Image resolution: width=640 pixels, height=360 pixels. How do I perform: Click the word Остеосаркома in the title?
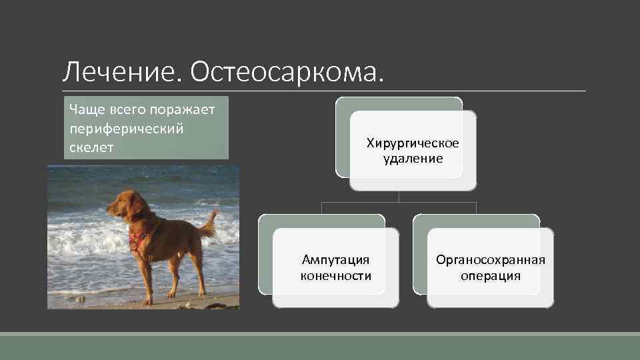[x=286, y=72]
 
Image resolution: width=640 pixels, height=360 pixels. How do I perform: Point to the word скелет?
[x=91, y=147]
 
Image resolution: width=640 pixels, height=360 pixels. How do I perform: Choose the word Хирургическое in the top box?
[x=413, y=143]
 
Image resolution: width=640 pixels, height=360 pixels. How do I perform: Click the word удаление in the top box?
[x=413, y=159]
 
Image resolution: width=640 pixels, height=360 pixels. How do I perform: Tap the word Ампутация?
[x=335, y=259]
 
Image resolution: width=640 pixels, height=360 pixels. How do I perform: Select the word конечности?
[x=335, y=275]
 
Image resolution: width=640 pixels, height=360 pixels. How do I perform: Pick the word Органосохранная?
[x=490, y=259]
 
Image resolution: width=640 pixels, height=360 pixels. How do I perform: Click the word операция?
[x=490, y=275]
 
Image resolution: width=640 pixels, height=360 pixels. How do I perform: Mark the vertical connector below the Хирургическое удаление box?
[x=399, y=196]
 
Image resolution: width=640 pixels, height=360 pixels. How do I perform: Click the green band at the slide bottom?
[x=320, y=347]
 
